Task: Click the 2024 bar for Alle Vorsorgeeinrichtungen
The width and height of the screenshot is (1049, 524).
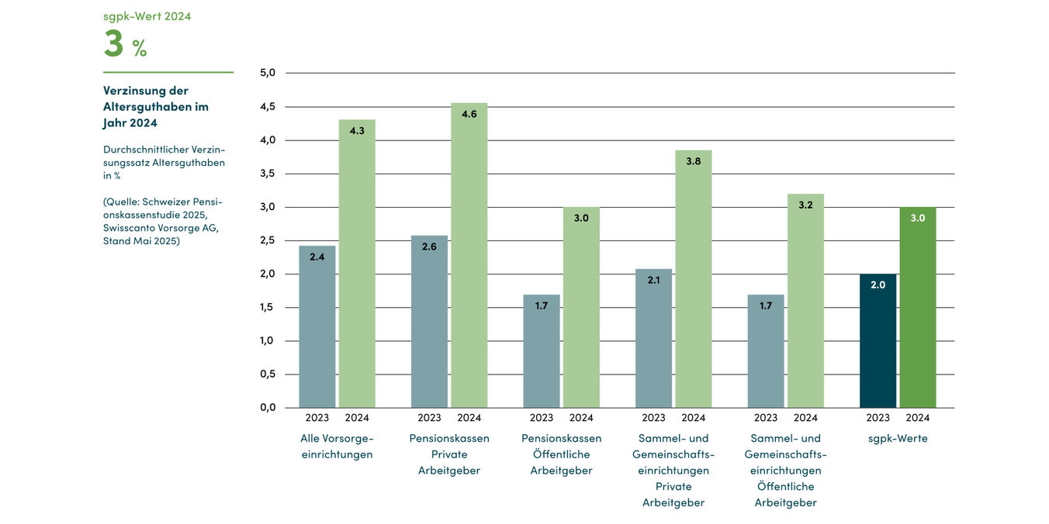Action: (x=357, y=264)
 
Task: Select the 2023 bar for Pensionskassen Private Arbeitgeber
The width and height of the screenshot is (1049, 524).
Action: (x=429, y=322)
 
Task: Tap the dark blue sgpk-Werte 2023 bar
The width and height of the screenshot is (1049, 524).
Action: (x=878, y=341)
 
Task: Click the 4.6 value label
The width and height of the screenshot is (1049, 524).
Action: (x=469, y=114)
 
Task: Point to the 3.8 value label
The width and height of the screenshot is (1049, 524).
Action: (x=694, y=161)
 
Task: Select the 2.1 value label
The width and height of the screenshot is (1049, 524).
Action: (x=653, y=280)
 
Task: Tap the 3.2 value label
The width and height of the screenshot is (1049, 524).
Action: (x=805, y=205)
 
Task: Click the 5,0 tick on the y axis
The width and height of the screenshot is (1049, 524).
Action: (x=268, y=73)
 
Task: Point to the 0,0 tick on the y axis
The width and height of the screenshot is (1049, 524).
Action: (x=268, y=407)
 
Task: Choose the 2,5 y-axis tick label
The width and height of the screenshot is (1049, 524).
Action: (x=268, y=240)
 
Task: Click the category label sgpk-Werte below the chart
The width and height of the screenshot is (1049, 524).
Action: (x=898, y=439)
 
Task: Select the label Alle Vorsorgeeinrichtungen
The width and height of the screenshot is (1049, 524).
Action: (x=337, y=446)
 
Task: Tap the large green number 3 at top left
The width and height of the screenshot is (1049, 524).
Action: (x=113, y=44)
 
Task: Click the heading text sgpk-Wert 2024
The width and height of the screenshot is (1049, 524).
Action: (x=147, y=16)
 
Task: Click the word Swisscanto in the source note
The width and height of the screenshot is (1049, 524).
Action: (x=132, y=228)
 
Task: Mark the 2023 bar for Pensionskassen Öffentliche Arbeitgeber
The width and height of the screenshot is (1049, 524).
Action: (x=542, y=351)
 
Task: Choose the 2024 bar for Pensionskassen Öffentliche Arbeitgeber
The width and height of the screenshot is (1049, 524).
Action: (x=581, y=308)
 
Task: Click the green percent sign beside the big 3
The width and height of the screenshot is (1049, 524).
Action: (x=140, y=50)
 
